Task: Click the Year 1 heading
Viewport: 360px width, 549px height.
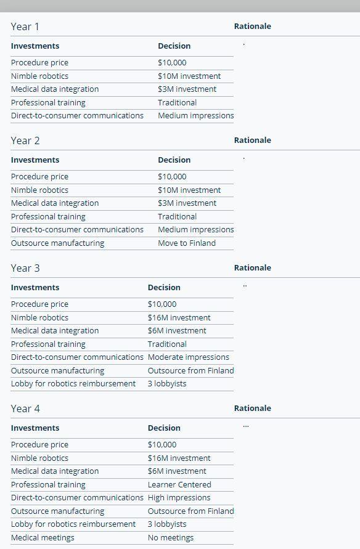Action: (25, 26)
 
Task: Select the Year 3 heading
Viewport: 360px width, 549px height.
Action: (25, 268)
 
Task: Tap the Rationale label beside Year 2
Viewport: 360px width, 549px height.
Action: (252, 140)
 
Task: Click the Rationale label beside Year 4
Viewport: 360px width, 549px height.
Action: (252, 408)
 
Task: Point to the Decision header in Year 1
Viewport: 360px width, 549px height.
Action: (174, 46)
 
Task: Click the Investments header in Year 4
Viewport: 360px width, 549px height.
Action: (35, 428)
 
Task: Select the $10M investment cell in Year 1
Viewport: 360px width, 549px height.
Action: (189, 76)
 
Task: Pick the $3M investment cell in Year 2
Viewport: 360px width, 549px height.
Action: (187, 203)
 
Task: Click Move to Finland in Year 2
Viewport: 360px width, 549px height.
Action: (186, 243)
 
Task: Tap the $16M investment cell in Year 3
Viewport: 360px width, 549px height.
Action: (179, 317)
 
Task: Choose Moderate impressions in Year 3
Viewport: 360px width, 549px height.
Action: (188, 357)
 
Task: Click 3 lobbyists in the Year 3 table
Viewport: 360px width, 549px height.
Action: (166, 383)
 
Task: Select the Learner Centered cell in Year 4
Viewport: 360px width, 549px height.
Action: (179, 484)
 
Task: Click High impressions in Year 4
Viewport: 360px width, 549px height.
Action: (179, 497)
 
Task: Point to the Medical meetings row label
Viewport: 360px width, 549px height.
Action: (43, 537)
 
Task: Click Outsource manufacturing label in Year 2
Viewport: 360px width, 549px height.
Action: (57, 243)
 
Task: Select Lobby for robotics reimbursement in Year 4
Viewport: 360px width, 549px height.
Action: (73, 524)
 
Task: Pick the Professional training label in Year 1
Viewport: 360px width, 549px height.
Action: (48, 102)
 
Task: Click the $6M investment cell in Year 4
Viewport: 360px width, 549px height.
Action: (177, 471)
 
